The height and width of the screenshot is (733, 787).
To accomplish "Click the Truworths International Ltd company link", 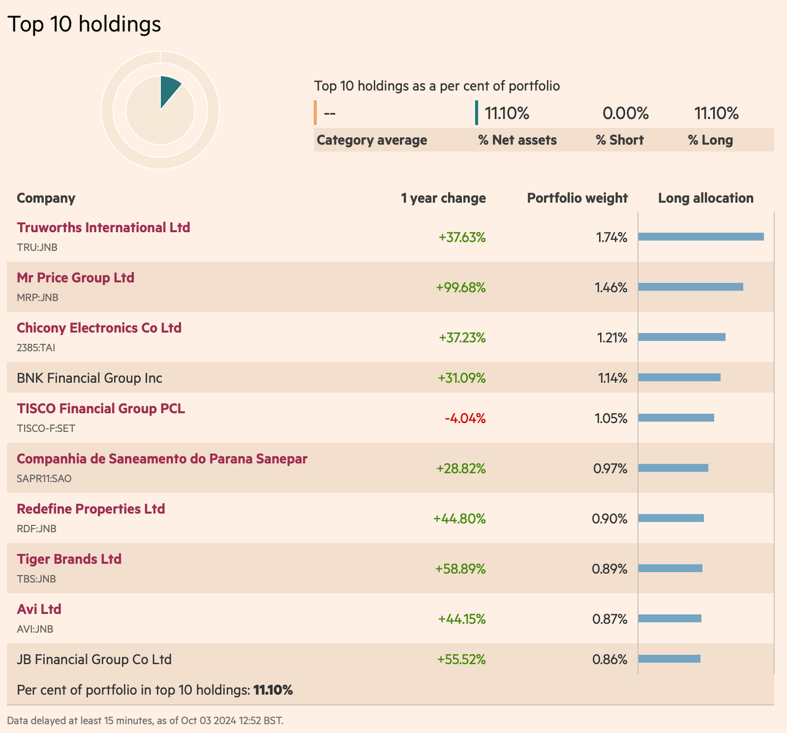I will pyautogui.click(x=103, y=227).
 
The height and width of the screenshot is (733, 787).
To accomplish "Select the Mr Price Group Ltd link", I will pyautogui.click(x=75, y=278).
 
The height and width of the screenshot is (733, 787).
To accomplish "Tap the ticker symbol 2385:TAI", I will pyautogui.click(x=36, y=348).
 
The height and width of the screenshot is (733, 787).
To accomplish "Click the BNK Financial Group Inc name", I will pyautogui.click(x=90, y=378).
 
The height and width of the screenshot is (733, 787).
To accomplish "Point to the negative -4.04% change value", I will pyautogui.click(x=465, y=418).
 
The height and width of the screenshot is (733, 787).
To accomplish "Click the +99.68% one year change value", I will pyautogui.click(x=460, y=288).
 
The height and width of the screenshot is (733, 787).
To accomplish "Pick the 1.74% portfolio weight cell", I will pyautogui.click(x=612, y=237).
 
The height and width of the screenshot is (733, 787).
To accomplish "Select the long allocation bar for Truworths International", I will pyautogui.click(x=701, y=237).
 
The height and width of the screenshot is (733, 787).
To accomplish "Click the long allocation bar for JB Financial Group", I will pyautogui.click(x=669, y=659).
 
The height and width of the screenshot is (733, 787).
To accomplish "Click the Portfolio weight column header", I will pyautogui.click(x=577, y=198).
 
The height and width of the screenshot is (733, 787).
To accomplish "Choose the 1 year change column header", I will pyautogui.click(x=443, y=198).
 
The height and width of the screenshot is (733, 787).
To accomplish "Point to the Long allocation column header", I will pyautogui.click(x=705, y=198).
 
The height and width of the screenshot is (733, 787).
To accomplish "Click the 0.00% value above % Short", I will pyautogui.click(x=625, y=114).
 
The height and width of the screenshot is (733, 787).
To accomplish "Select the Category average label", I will pyautogui.click(x=372, y=140).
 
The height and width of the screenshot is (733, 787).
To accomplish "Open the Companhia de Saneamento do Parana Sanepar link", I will pyautogui.click(x=162, y=459).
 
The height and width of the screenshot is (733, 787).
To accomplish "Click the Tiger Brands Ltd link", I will pyautogui.click(x=69, y=559).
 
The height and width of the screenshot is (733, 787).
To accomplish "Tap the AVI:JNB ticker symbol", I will pyautogui.click(x=35, y=629).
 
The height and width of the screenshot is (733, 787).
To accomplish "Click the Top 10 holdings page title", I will pyautogui.click(x=84, y=24).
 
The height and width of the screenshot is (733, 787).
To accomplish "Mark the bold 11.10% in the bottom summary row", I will pyautogui.click(x=273, y=690).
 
